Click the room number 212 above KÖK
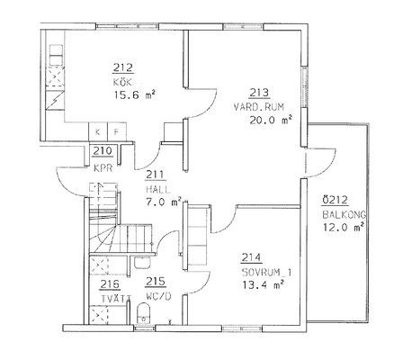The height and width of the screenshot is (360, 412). pyautogui.click(x=123, y=67)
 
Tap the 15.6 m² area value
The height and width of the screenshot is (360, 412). pyautogui.click(x=135, y=95)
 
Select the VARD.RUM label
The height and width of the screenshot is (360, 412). pyautogui.click(x=259, y=107)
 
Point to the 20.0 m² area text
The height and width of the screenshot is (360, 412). pyautogui.click(x=271, y=121)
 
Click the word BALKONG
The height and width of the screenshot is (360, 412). pyautogui.click(x=345, y=215)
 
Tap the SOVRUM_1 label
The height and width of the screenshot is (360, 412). pyautogui.click(x=266, y=273)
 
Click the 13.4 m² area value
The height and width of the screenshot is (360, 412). pyautogui.click(x=263, y=284)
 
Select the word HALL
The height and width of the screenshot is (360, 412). pyautogui.click(x=158, y=190)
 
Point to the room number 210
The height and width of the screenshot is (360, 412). pyautogui.click(x=103, y=151)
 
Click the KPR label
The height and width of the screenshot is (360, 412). pyautogui.click(x=103, y=168)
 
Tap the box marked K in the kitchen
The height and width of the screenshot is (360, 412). pyautogui.click(x=98, y=131)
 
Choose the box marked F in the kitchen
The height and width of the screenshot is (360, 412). pyautogui.click(x=117, y=131)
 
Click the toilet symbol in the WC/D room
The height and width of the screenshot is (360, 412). pyautogui.click(x=143, y=314)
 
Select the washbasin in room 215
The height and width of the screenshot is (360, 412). pyautogui.click(x=142, y=263)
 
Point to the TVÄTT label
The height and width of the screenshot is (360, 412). pyautogui.click(x=116, y=299)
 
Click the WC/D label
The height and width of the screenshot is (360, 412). pyautogui.click(x=158, y=297)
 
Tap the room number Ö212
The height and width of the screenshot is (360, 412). pyautogui.click(x=335, y=200)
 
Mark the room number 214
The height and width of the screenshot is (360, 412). pyautogui.click(x=252, y=257)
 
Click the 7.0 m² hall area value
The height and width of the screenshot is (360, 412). pyautogui.click(x=164, y=202)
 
